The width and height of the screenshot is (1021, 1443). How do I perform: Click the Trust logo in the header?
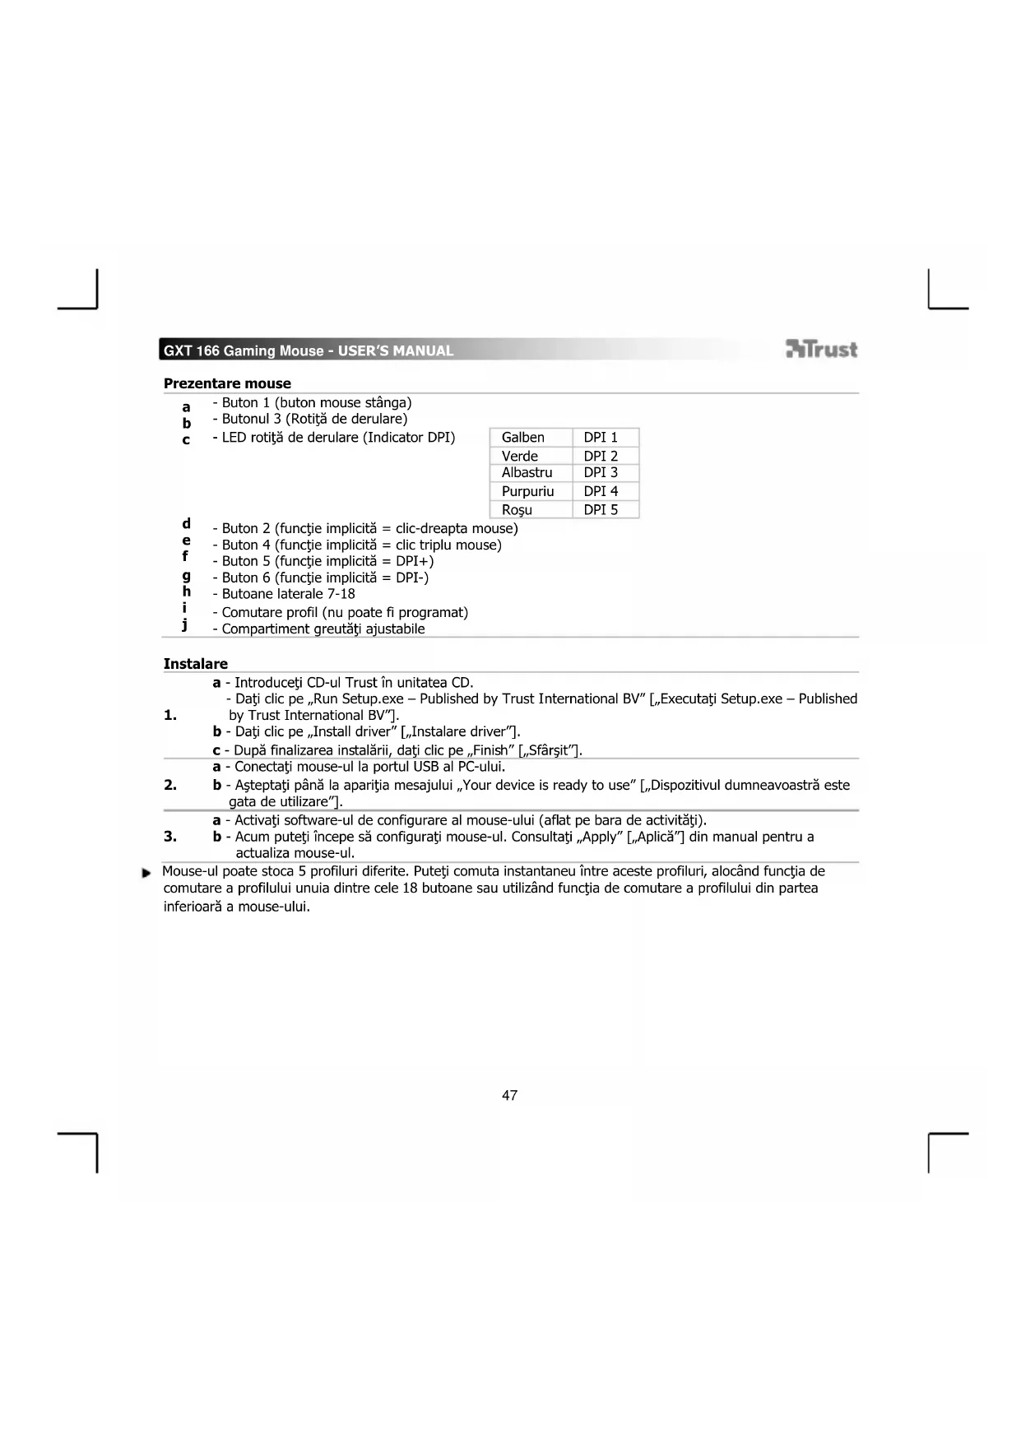(x=821, y=350)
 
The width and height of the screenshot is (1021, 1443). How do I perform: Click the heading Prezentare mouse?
(x=227, y=383)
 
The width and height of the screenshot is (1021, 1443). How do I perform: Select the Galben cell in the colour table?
(x=523, y=438)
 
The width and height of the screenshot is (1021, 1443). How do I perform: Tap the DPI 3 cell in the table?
(x=601, y=473)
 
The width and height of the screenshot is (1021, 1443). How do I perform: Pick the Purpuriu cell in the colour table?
(x=527, y=491)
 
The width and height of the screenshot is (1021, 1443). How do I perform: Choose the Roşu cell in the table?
(x=517, y=510)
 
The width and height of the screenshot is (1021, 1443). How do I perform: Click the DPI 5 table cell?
(x=601, y=510)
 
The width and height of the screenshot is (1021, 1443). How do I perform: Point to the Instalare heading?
(x=196, y=664)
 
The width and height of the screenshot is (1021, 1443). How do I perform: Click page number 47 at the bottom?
(x=509, y=1095)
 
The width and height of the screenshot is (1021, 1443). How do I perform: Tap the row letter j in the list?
(x=185, y=625)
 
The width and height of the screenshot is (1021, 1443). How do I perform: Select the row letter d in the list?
(x=187, y=524)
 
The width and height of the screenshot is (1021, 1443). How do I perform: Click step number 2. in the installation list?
(x=170, y=785)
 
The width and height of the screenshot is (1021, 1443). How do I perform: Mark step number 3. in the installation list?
(x=170, y=837)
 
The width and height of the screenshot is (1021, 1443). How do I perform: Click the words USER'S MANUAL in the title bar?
(x=396, y=351)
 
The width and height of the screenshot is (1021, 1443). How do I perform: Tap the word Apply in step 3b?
(x=601, y=837)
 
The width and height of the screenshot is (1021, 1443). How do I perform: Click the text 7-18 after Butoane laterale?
(x=341, y=594)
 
